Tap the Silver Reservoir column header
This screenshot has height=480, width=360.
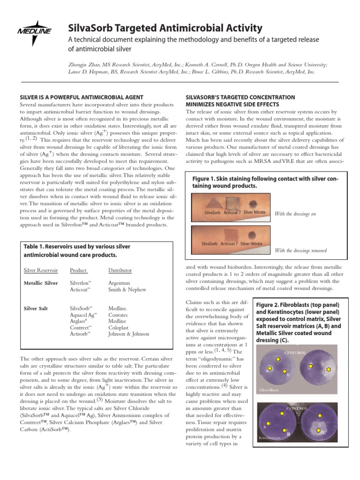click(41, 270)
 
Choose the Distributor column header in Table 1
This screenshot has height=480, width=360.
click(120, 270)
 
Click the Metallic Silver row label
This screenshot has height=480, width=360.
click(41, 283)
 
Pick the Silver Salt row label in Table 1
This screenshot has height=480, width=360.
click(36, 309)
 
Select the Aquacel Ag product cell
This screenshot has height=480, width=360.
click(83, 315)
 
